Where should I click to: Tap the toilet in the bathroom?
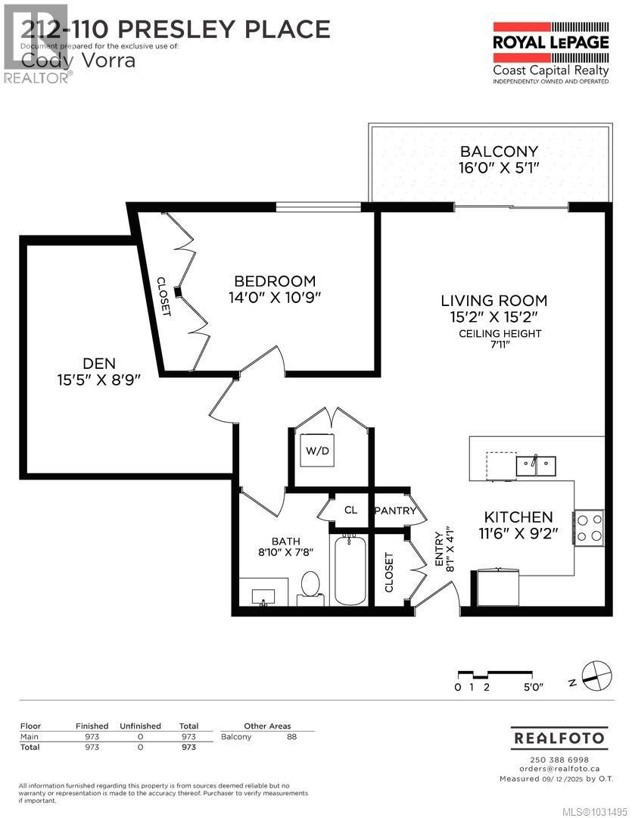tap(310, 587)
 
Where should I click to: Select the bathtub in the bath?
tap(349, 570)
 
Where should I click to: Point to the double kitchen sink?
tap(536, 464)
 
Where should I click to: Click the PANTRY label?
tap(395, 511)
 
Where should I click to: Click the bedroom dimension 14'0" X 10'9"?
tap(276, 298)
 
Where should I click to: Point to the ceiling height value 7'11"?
tap(500, 346)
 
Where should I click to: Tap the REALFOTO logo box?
tap(559, 737)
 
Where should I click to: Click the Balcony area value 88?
tap(291, 736)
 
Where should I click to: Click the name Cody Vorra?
tap(78, 61)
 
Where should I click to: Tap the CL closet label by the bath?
tap(350, 510)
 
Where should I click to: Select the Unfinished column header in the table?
tap(140, 726)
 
